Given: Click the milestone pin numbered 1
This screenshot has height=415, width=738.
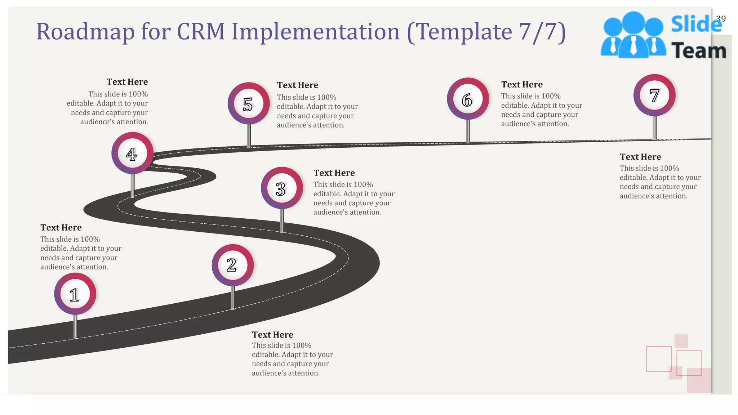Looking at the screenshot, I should pos(75,294).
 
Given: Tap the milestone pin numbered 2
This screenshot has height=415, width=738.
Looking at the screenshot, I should pos(232,265).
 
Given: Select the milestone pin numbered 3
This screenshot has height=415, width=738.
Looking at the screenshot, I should pos(282,188).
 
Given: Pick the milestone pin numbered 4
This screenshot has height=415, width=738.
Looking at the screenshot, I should pos(132,153).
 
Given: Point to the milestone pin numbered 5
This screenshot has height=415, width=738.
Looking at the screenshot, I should pos(249,104).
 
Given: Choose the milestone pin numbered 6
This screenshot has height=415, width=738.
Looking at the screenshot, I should pos(468,99).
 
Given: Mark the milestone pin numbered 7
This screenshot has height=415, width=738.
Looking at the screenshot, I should pos(654,95).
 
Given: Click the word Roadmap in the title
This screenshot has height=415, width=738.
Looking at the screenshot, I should pos(85,32).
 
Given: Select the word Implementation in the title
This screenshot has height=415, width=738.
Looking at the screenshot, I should pos(315,32).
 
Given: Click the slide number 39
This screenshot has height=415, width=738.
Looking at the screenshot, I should pos(721,19).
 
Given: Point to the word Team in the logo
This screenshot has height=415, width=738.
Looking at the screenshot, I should pos(698,50).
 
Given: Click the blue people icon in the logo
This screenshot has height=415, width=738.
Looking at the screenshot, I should pos(633,35).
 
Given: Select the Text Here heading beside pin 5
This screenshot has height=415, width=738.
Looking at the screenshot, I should pos(297,85).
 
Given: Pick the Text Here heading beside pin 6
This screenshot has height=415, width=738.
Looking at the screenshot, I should pos(522,84).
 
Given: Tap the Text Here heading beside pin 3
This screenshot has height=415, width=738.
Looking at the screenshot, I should pos(334,173).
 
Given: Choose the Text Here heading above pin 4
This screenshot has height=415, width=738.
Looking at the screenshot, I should pos(127,82).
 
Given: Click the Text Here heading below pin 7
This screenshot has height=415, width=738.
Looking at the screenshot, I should pos(640,157).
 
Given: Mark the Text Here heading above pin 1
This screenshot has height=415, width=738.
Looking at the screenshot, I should pos(61,228).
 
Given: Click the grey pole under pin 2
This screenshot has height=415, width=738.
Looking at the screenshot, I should pos(233,298).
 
